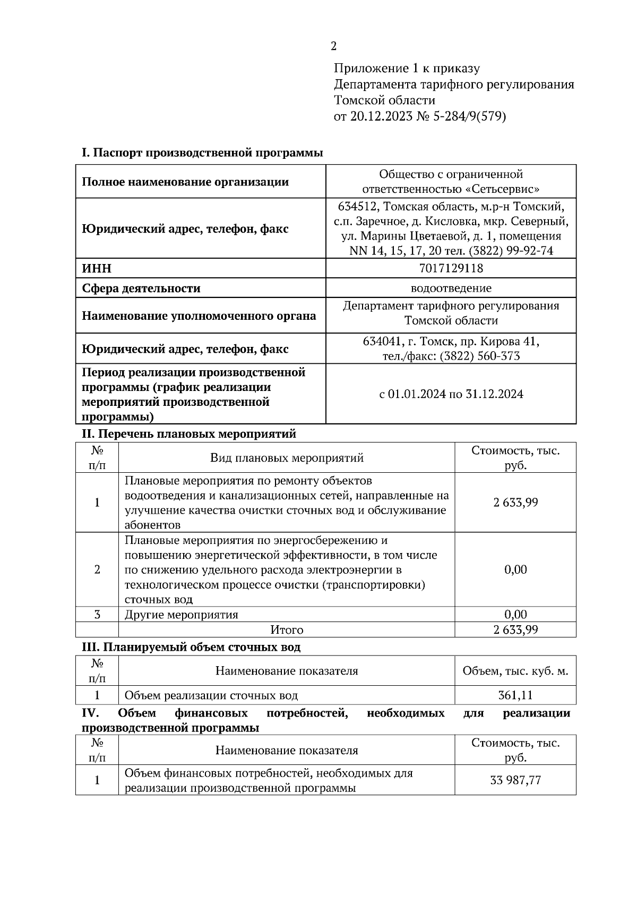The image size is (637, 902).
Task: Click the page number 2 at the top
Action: (x=333, y=46)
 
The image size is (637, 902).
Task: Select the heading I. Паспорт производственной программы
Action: (x=202, y=153)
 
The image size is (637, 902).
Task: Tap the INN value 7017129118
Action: (x=451, y=268)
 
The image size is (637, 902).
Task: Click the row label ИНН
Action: (x=97, y=268)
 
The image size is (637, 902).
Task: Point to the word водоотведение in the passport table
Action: (x=451, y=288)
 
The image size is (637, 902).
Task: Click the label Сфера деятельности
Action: (x=141, y=288)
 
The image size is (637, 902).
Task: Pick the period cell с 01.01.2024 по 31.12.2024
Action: (x=451, y=394)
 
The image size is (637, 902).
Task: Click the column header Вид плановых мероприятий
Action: (x=287, y=458)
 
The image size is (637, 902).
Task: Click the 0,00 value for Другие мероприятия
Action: (x=515, y=615)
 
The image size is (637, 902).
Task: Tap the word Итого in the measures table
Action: (x=287, y=630)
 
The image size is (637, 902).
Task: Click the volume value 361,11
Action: (x=515, y=695)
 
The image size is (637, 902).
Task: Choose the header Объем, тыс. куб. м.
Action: (x=515, y=671)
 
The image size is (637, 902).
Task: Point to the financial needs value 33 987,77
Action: (x=515, y=780)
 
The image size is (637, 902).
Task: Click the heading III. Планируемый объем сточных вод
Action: (x=191, y=647)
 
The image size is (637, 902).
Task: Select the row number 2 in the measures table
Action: (x=97, y=569)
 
